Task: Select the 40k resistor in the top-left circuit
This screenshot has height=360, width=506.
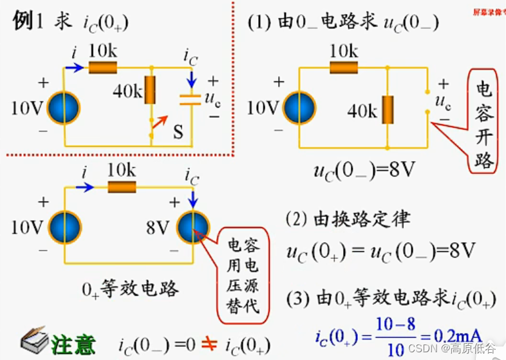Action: coord(151,90)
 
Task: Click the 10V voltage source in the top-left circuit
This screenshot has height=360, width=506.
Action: coord(63,107)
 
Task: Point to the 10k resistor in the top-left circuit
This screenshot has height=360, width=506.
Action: coord(103,67)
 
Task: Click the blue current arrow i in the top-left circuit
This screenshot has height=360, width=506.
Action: coord(74,67)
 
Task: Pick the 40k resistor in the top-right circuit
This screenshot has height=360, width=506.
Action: coord(388,109)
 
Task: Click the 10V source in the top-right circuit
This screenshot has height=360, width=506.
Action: coord(299,107)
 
